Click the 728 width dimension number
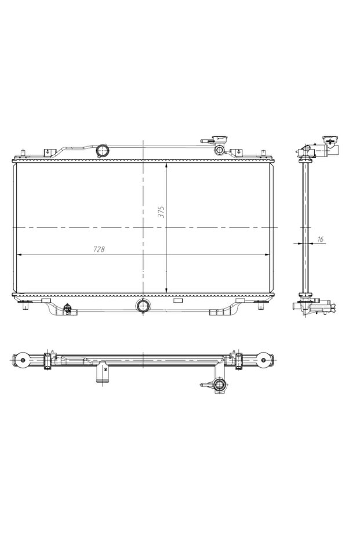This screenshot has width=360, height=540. (99, 249)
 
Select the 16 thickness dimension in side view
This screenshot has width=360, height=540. (320, 239)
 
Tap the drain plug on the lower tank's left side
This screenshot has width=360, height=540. (68, 309)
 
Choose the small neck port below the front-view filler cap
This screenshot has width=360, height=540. (220, 150)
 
